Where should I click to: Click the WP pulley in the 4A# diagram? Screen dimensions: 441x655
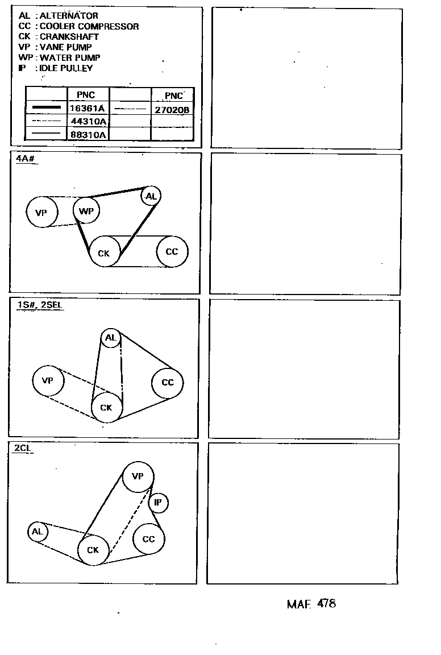coord(86,212)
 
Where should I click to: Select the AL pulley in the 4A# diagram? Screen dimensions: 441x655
coord(151,196)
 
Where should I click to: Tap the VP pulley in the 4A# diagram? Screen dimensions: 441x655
coord(41,213)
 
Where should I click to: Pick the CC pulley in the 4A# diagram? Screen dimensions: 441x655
coord(172,251)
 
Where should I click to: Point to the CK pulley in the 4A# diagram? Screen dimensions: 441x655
coord(104,252)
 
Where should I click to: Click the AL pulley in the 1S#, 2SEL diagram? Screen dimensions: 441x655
coord(110,338)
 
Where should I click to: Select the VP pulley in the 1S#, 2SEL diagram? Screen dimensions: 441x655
coord(48,380)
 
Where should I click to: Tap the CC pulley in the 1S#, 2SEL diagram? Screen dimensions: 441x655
coord(167,382)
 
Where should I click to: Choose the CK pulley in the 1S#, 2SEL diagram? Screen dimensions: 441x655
coord(106,407)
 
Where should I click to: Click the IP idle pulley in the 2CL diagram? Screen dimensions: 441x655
coord(158,503)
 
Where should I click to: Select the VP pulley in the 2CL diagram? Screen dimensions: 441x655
coord(138,476)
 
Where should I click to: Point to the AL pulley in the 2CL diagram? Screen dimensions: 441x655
coord(37,532)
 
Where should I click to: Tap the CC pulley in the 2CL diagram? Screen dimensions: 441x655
coord(148,539)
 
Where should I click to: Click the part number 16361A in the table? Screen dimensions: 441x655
coord(87,108)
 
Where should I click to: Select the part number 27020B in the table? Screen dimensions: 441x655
coord(172,110)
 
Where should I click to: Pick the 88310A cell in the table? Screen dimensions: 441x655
coord(87,135)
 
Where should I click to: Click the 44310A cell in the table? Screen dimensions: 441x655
coord(87,121)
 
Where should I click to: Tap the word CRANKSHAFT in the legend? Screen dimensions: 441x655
coord(69,36)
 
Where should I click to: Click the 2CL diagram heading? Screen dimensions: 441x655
coord(23,448)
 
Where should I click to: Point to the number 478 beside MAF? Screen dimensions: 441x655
coord(327,603)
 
